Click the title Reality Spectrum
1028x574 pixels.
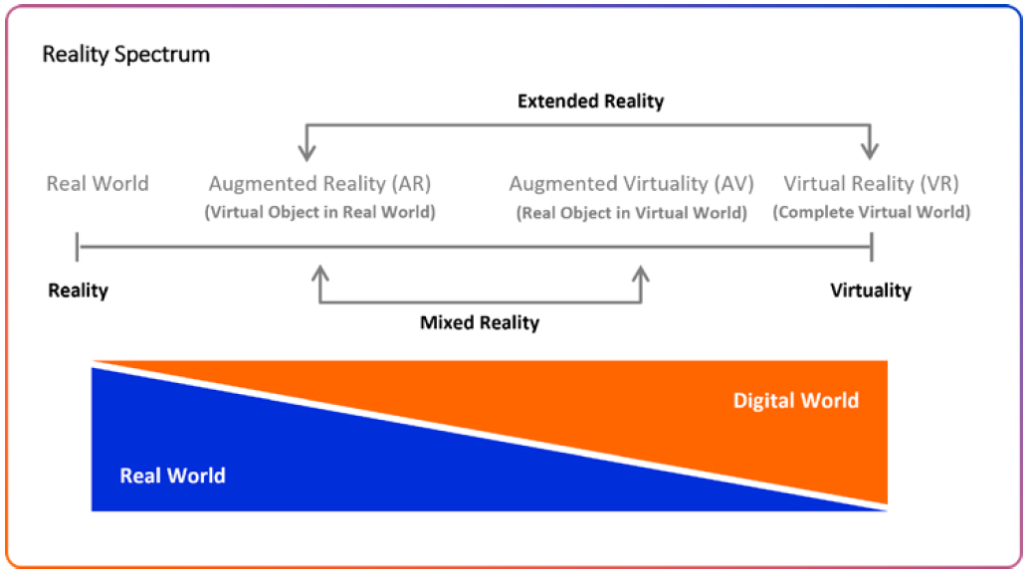point(125,54)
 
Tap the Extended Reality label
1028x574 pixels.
point(590,100)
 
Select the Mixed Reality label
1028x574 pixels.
point(480,322)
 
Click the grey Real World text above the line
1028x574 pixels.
point(98,183)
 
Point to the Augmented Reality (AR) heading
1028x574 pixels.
point(319,183)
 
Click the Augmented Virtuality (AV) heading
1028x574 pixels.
point(631,183)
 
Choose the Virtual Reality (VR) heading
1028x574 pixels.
point(871,183)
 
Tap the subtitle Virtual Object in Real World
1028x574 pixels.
point(319,212)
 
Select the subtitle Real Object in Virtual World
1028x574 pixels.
point(631,212)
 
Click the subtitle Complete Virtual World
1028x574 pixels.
point(871,212)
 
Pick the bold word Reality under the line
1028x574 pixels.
point(79,290)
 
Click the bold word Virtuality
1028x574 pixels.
point(871,290)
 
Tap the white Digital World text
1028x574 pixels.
point(795,401)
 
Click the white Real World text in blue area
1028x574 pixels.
point(172,476)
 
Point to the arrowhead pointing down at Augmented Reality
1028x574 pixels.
point(307,152)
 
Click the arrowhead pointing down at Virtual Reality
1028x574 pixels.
point(871,152)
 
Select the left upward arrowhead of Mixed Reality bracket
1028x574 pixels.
point(320,274)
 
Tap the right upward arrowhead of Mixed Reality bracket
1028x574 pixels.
point(642,274)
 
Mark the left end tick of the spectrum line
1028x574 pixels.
point(79,247)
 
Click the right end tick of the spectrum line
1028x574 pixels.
point(872,247)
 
